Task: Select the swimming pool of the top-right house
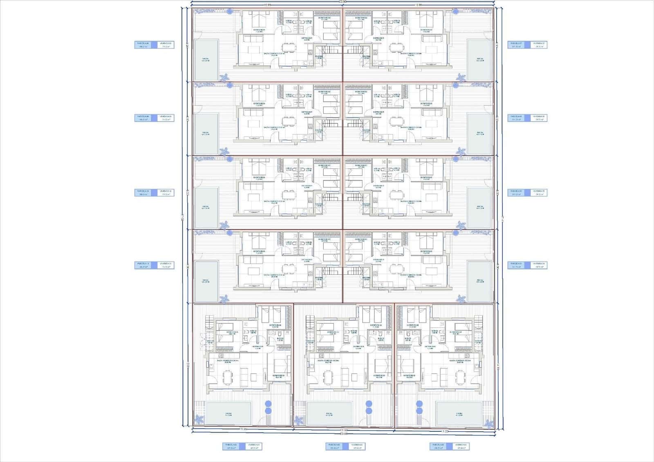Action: tap(479, 60)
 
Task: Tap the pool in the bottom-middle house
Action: tap(329, 413)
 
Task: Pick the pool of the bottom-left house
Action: tap(228, 413)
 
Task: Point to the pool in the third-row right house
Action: tap(479, 208)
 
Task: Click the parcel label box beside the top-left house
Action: tap(154, 45)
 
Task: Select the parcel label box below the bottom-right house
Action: tap(449, 446)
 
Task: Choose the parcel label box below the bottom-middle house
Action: tap(345, 446)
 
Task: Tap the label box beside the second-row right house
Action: tap(527, 118)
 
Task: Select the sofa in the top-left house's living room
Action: tap(253, 38)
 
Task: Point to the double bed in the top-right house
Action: tap(427, 19)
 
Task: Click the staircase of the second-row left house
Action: tap(328, 123)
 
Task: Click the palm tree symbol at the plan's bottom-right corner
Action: tap(487, 423)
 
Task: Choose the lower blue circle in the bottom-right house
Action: tap(419, 411)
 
